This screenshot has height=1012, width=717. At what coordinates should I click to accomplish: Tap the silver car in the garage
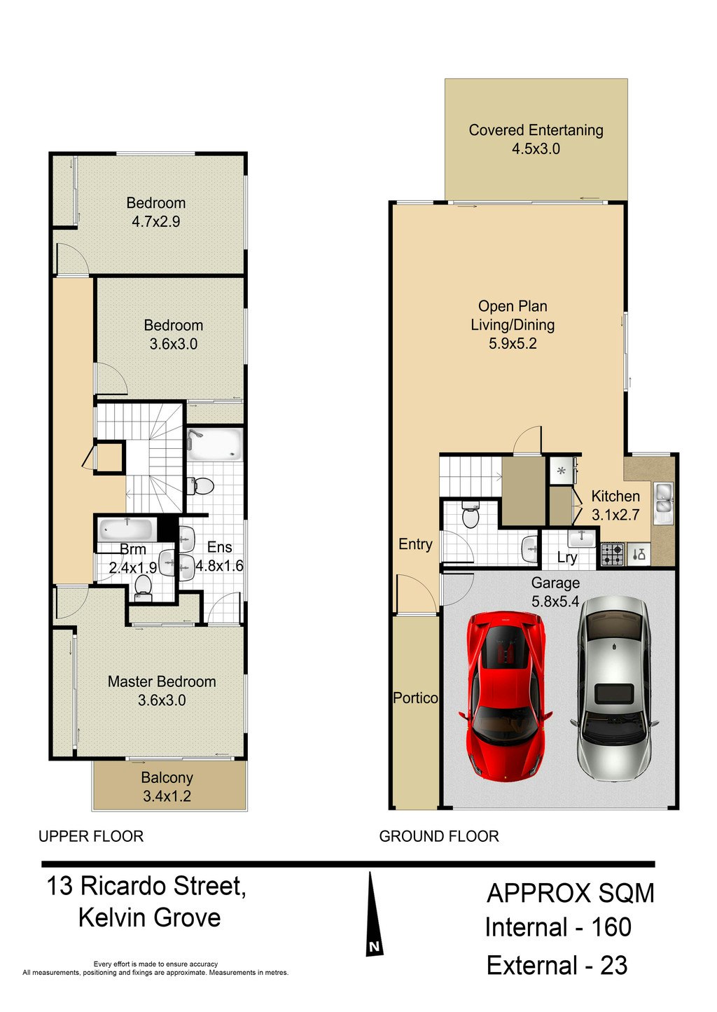(x=614, y=689)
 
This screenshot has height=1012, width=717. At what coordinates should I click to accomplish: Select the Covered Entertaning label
(x=536, y=130)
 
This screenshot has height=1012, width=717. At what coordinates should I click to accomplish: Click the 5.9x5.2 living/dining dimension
(x=513, y=344)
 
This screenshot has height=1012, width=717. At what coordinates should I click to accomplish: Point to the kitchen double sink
(x=663, y=502)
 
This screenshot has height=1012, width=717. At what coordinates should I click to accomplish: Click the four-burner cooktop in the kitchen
(x=612, y=555)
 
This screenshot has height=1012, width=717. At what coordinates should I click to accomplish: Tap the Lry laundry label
(x=567, y=557)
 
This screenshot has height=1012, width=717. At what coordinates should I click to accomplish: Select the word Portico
(x=415, y=698)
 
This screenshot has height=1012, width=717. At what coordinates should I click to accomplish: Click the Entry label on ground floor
(x=415, y=544)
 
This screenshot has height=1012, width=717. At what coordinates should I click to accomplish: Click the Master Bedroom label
(x=162, y=681)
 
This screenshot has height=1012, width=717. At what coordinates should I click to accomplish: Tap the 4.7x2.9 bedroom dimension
(x=156, y=222)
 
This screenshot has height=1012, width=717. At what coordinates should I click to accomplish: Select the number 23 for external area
(x=613, y=966)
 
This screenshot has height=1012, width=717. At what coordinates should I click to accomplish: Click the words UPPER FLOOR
(x=91, y=836)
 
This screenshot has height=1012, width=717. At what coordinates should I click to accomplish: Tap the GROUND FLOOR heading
(x=439, y=836)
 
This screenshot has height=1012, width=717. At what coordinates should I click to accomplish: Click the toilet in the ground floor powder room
(x=471, y=514)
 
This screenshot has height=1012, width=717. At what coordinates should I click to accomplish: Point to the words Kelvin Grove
(x=150, y=917)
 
